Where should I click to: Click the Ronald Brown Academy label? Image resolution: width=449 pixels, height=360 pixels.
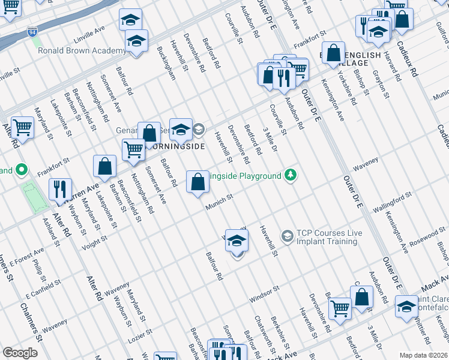(x=82, y=51)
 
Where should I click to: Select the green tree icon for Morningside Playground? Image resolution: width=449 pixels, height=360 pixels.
(x=291, y=175)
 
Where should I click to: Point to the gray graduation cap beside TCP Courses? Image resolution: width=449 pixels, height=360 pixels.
(x=287, y=236)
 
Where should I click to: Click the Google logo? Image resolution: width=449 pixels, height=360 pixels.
(x=20, y=353)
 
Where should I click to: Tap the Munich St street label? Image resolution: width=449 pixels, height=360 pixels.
(x=219, y=202)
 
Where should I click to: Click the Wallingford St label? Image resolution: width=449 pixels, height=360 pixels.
(x=391, y=200)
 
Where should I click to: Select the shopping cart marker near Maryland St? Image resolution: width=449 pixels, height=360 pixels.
(x=22, y=127)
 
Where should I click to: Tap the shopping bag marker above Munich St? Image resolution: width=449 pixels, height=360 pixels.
(x=197, y=181)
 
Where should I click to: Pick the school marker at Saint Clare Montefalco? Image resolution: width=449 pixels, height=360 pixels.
(x=406, y=306)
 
